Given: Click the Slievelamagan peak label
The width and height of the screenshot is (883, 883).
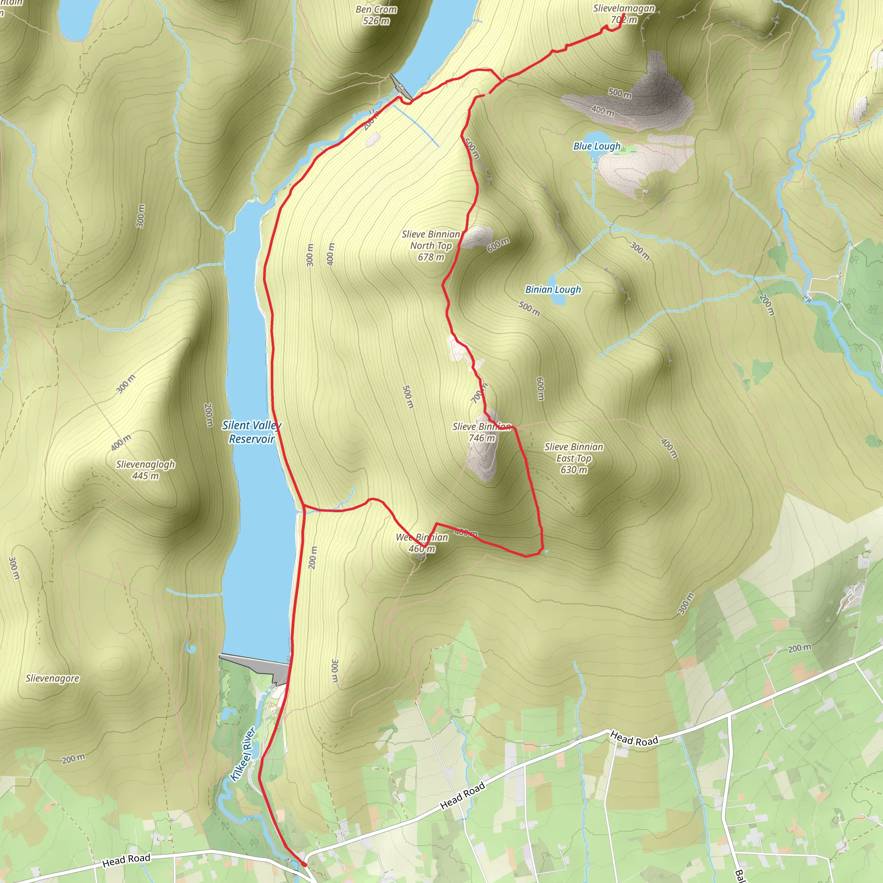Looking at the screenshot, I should pyautogui.click(x=623, y=8).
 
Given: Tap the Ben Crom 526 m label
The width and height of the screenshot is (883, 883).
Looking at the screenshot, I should pyautogui.click(x=376, y=15).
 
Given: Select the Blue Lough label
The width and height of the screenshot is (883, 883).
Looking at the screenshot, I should pyautogui.click(x=597, y=146).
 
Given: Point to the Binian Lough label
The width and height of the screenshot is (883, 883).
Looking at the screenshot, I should pyautogui.click(x=553, y=289).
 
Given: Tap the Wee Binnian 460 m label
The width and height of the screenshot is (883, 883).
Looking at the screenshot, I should pyautogui.click(x=422, y=543).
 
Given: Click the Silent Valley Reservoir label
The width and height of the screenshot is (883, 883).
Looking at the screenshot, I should pyautogui.click(x=251, y=432).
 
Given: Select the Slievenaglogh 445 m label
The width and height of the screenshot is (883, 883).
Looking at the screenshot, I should pyautogui.click(x=145, y=470).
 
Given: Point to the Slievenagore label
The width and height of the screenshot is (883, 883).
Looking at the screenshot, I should pyautogui.click(x=52, y=678).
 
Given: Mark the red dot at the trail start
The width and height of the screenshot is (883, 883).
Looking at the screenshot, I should pyautogui.click(x=304, y=864).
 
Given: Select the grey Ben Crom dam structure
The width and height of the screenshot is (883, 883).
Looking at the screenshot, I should pyautogui.click(x=399, y=87).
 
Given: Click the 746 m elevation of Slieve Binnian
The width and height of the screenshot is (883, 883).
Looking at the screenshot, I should pyautogui.click(x=482, y=438).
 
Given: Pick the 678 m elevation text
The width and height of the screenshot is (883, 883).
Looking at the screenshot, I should pyautogui.click(x=431, y=257).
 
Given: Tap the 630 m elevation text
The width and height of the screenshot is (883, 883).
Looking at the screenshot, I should pyautogui.click(x=574, y=470).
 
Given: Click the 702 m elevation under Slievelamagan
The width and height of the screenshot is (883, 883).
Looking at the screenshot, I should pyautogui.click(x=623, y=20).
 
